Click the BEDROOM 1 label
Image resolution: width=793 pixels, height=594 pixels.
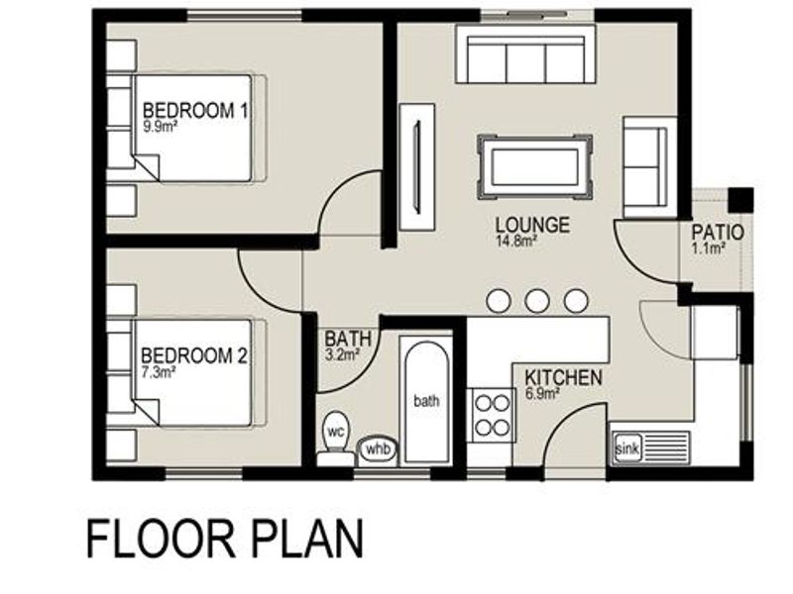(195, 111)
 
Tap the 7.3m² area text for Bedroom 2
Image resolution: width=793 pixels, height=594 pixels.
(158, 372)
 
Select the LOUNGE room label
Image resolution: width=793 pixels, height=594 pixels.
(532, 225)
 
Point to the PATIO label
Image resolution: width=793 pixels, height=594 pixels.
(718, 233)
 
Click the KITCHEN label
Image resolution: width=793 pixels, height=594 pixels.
(563, 378)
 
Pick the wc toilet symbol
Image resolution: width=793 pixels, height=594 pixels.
(335, 438)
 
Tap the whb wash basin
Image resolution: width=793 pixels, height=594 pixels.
(378, 449)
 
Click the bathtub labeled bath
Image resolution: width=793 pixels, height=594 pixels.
(426, 400)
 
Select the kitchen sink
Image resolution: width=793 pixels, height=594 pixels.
(650, 448)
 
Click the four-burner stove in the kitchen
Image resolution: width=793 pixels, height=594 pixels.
(492, 415)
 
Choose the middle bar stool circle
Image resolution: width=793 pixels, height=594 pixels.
(537, 301)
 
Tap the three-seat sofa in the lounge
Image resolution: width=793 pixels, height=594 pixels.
(525, 53)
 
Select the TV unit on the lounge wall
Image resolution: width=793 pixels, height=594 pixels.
(416, 167)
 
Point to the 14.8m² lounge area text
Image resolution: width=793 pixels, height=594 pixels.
(515, 241)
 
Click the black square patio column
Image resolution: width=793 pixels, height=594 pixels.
(740, 200)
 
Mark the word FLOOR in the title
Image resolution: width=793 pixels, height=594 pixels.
(161, 539)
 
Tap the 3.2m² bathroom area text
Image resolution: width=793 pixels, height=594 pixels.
(342, 354)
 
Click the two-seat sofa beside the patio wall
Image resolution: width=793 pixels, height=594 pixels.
(649, 167)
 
